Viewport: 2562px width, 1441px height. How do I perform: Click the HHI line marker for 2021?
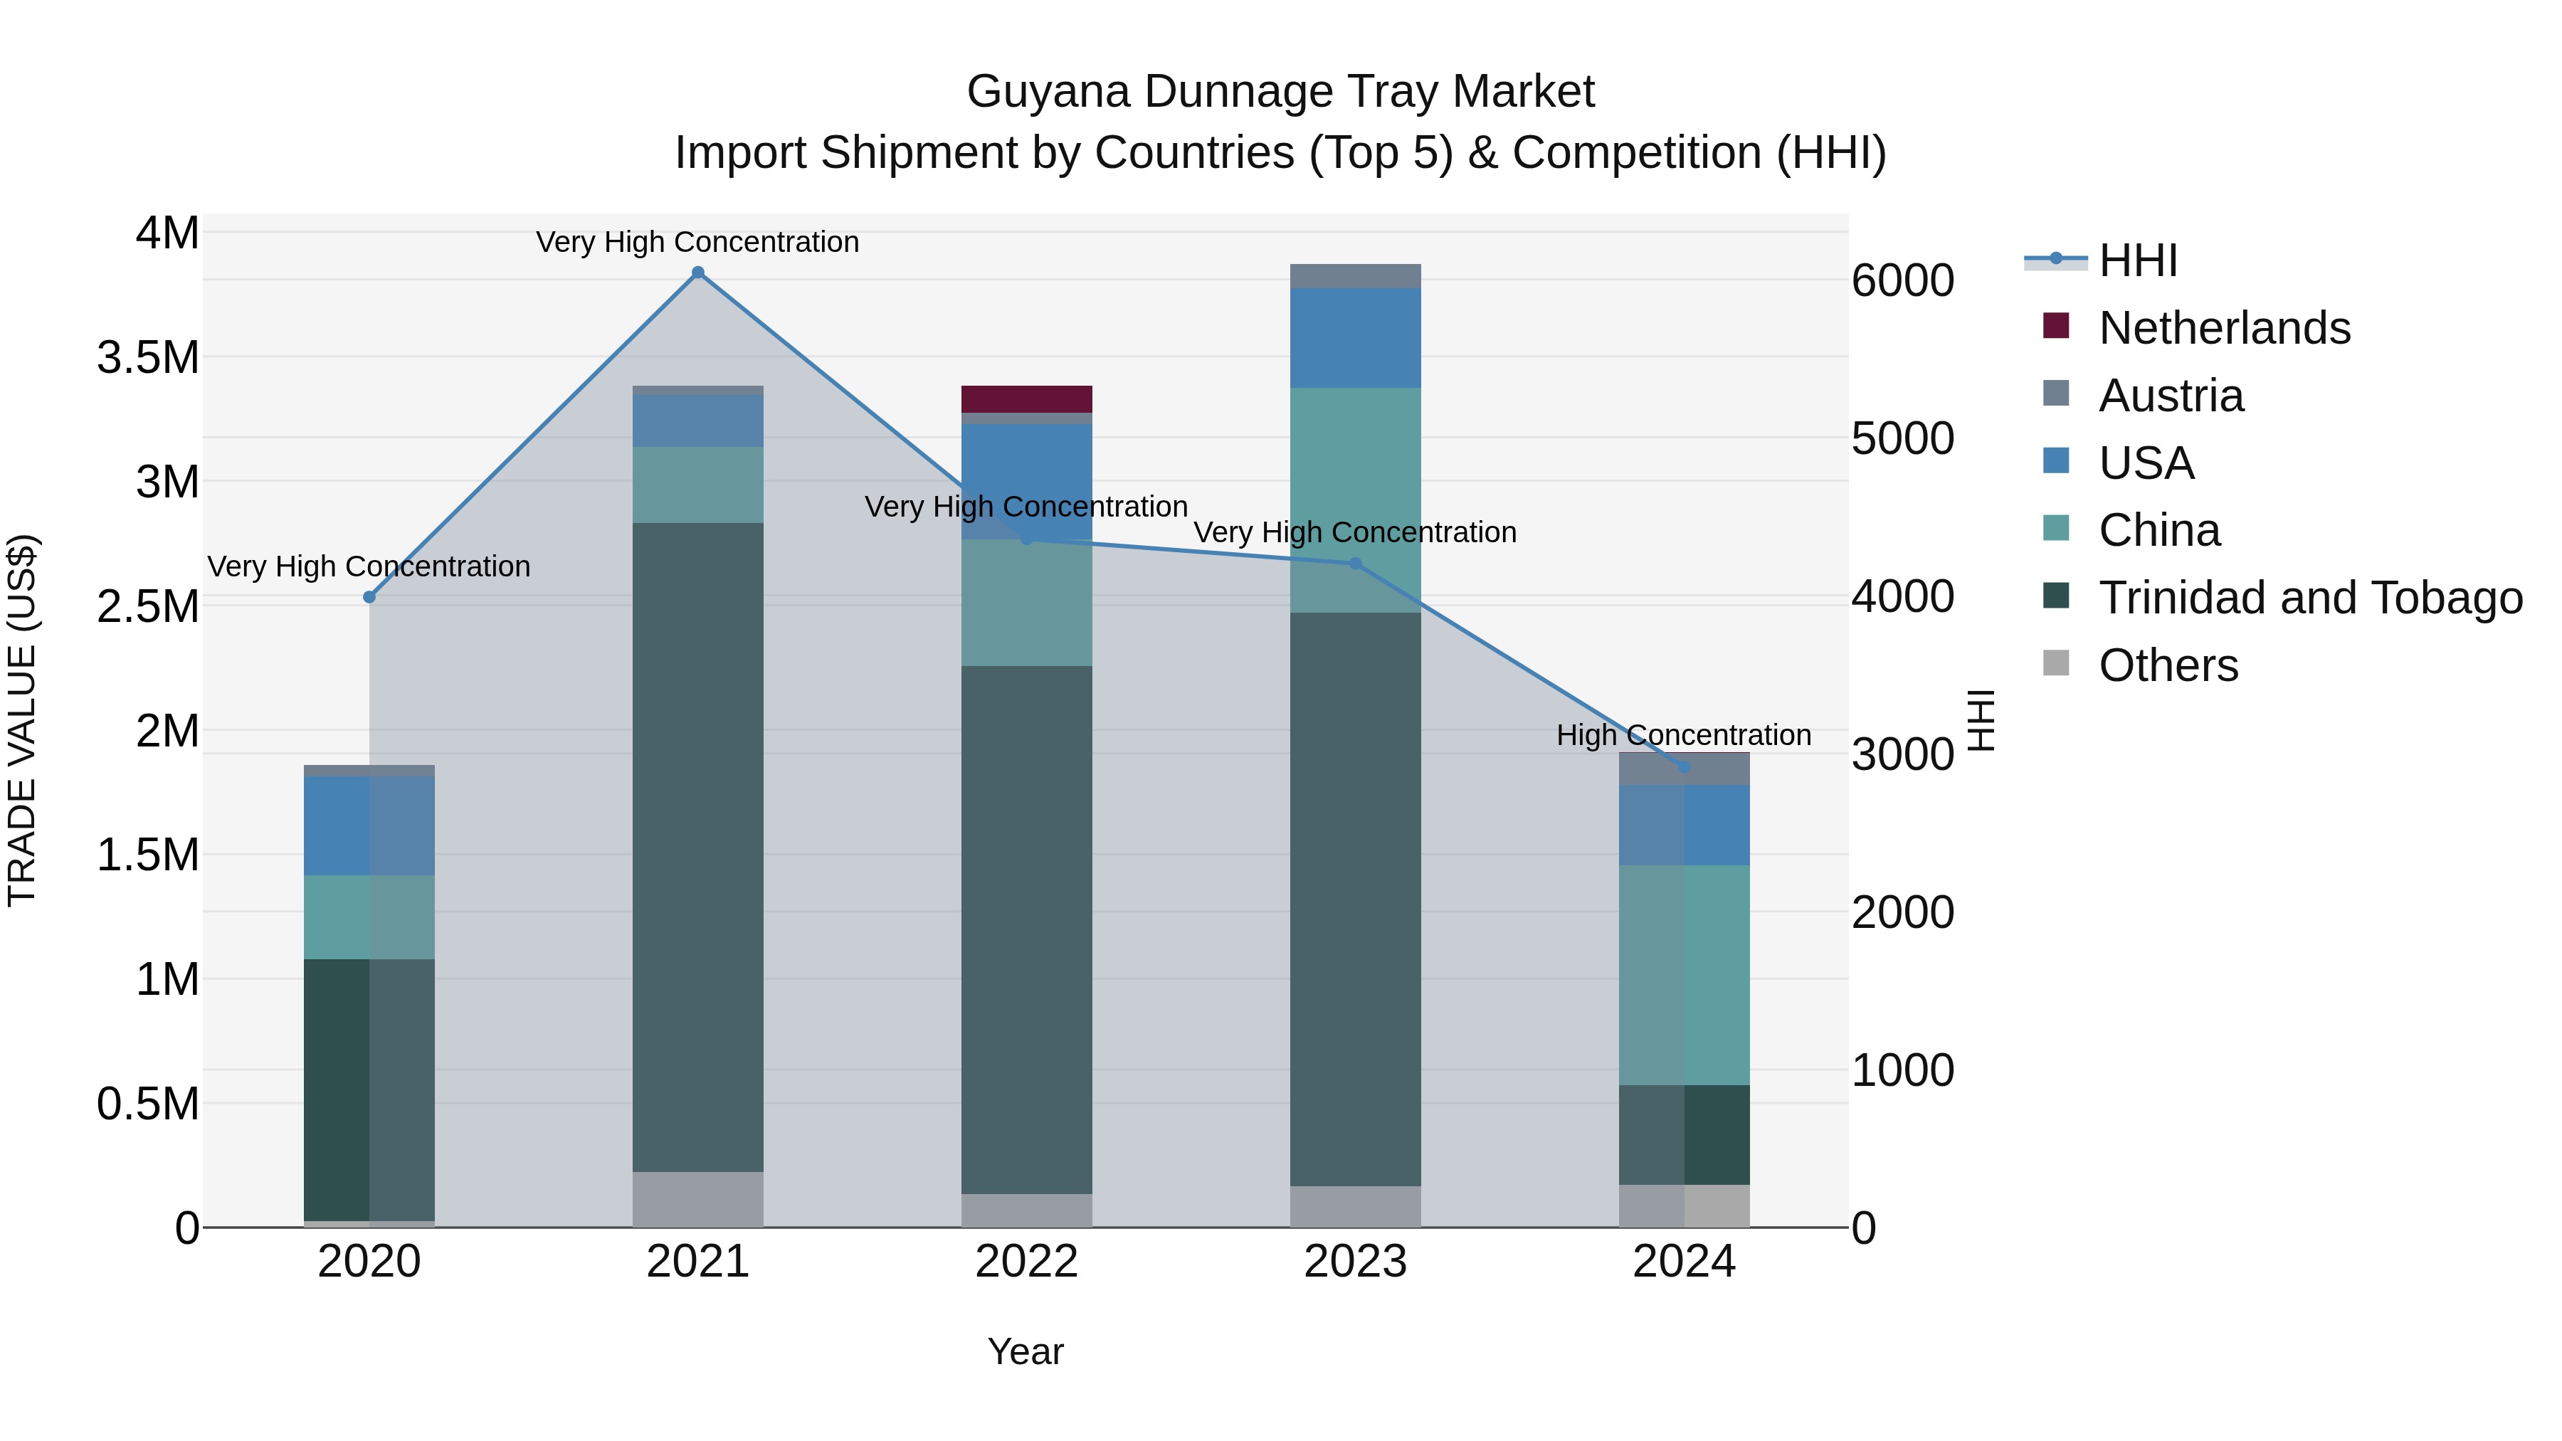pyautogui.click(x=698, y=273)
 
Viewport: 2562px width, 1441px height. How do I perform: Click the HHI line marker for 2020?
pyautogui.click(x=369, y=597)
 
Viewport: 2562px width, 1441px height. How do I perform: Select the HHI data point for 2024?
pyautogui.click(x=1684, y=766)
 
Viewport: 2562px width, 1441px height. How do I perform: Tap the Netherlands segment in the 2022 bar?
pyautogui.click(x=1026, y=398)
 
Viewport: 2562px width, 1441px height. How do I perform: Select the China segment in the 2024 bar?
pyautogui.click(x=1684, y=975)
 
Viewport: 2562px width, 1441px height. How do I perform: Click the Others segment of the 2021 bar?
pyautogui.click(x=698, y=1198)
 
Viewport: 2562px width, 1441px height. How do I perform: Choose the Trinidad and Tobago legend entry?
pyautogui.click(x=2309, y=598)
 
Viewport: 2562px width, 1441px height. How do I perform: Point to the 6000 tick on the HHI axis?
pyautogui.click(x=1902, y=280)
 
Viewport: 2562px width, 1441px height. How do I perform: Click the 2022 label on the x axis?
pyautogui.click(x=1026, y=1262)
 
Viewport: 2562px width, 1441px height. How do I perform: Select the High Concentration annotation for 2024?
pyautogui.click(x=1683, y=735)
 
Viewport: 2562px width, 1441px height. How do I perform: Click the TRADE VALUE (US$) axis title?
pyautogui.click(x=23, y=720)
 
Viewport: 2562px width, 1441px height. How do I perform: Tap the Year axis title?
pyautogui.click(x=1026, y=1351)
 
